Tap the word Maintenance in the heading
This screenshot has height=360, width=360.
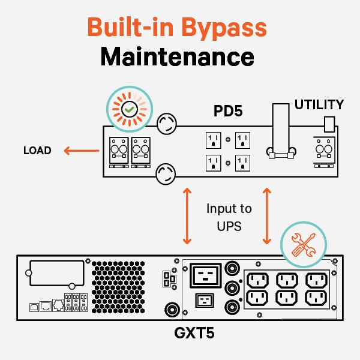coord(178,58)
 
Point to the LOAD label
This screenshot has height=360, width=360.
coord(37,151)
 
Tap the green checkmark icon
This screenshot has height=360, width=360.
coord(128,110)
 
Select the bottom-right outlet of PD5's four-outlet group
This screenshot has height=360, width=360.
coord(243,164)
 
